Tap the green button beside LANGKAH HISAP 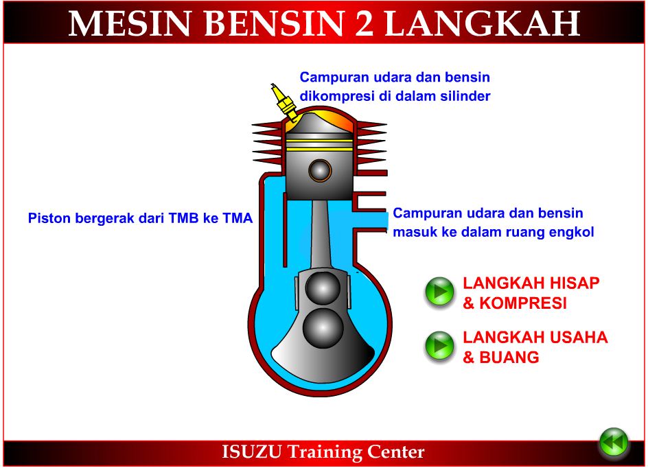click(x=439, y=292)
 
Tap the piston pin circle click(x=319, y=169)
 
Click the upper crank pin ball click(x=320, y=289)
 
